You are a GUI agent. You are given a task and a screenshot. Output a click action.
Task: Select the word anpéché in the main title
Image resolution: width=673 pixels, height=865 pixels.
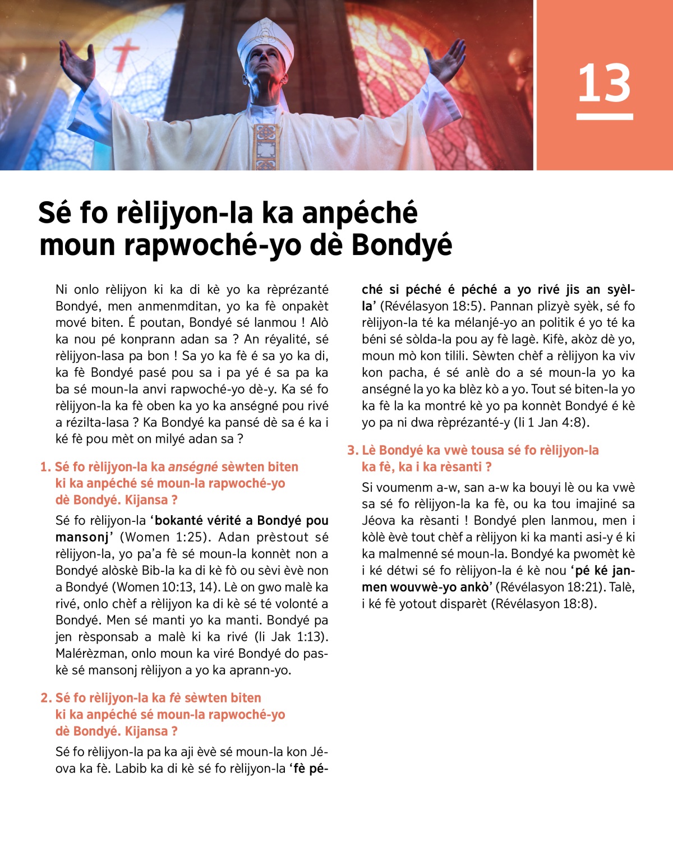pyautogui.click(x=359, y=213)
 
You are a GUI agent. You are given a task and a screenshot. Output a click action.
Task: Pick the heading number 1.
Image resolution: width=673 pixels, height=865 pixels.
pyautogui.click(x=45, y=467)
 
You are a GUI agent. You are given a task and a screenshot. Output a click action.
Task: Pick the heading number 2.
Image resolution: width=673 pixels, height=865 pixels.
pyautogui.click(x=45, y=698)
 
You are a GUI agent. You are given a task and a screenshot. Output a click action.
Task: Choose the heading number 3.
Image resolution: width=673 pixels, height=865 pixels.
pyautogui.click(x=352, y=450)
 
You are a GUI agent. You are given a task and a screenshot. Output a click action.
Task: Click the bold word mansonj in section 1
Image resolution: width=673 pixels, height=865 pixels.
pyautogui.click(x=82, y=537)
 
